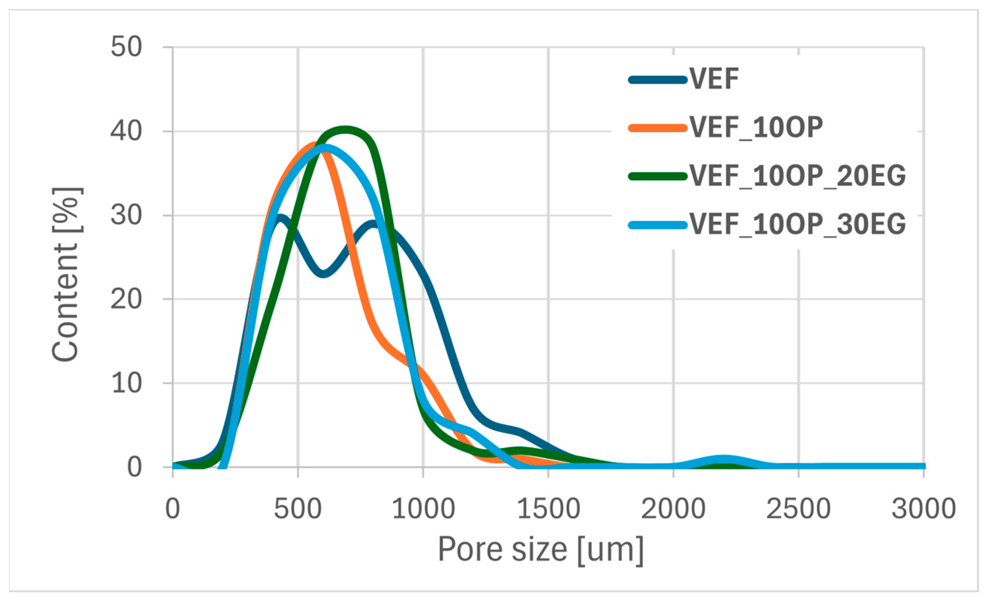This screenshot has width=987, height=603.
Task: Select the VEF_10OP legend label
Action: [756, 128]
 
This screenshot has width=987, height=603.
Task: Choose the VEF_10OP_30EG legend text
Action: [797, 224]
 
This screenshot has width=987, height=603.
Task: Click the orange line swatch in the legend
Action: [658, 128]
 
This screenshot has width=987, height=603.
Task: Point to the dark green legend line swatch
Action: [658, 177]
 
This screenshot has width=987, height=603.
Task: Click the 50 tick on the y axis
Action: [126, 47]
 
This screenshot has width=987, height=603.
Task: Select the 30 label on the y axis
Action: [126, 215]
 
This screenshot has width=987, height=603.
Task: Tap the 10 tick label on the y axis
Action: [126, 383]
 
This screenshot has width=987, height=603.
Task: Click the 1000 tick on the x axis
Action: [423, 509]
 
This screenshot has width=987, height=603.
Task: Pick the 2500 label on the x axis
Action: [798, 509]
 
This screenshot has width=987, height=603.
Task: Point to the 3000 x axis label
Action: [924, 509]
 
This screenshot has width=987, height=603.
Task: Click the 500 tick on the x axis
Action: [298, 509]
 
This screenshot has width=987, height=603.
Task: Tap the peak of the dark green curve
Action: [345, 130]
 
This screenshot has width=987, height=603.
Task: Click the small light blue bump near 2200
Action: [723, 459]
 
